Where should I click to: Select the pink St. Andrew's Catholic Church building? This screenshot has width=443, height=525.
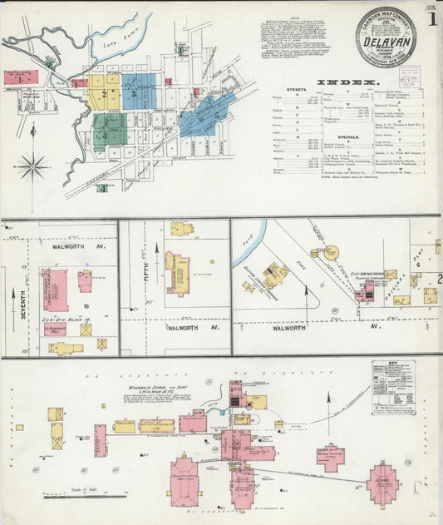pos(55,290)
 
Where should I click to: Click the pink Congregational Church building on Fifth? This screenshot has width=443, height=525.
pos(177,273)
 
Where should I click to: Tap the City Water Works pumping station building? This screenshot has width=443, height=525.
pos(365,290)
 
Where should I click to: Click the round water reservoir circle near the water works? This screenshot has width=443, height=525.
pos(331,252)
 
